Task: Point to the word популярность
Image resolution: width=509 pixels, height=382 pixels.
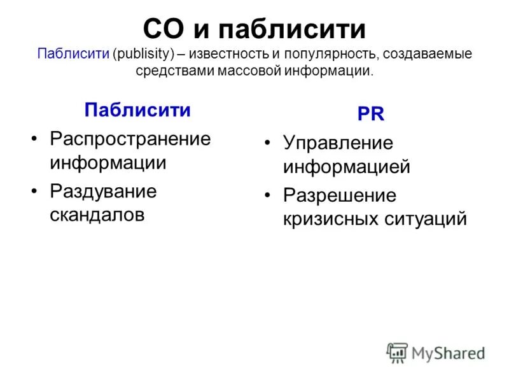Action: coord(328,53)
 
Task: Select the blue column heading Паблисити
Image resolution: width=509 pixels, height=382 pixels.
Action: coord(137,110)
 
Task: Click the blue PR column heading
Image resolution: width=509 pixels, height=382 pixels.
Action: coord(370,114)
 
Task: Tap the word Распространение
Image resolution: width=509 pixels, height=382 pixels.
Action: coord(130,138)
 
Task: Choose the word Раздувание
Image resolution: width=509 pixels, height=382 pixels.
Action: coord(103,191)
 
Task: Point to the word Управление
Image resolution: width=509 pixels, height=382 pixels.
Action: coord(338,143)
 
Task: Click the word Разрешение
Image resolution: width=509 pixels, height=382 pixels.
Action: coord(340,195)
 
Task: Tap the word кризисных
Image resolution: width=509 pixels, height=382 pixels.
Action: coord(331,218)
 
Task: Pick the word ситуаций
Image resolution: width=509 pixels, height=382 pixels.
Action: coord(426,218)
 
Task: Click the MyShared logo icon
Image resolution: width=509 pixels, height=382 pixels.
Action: coord(397,352)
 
